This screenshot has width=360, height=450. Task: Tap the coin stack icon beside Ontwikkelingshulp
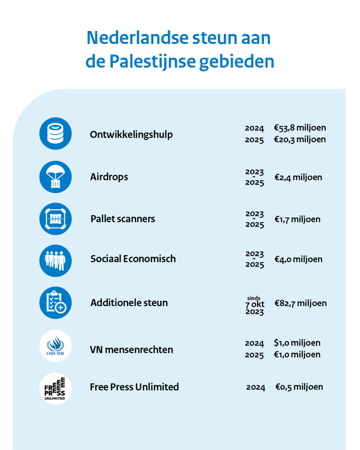click(x=56, y=134)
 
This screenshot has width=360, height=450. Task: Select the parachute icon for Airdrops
click(x=56, y=177)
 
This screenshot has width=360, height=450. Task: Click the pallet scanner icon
click(x=56, y=219)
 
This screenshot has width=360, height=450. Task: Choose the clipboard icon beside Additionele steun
click(x=56, y=302)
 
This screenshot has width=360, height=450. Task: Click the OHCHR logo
click(x=56, y=346)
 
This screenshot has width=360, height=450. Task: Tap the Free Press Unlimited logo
click(x=56, y=388)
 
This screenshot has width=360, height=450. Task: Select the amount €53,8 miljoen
click(x=300, y=128)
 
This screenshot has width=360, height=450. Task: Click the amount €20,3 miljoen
click(x=300, y=139)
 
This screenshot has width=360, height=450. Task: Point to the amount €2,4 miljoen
click(x=298, y=177)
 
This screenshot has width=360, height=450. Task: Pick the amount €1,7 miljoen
click(x=297, y=219)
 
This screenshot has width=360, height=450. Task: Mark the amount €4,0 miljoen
click(x=298, y=259)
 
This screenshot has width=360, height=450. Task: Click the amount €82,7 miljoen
click(x=300, y=303)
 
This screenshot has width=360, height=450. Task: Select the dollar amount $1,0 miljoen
click(x=297, y=343)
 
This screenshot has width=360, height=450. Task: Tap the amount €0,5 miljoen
click(x=299, y=387)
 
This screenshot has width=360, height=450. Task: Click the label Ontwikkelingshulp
click(x=131, y=135)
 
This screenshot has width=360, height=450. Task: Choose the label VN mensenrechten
click(x=131, y=350)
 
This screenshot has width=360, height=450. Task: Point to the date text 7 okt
click(x=255, y=304)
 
